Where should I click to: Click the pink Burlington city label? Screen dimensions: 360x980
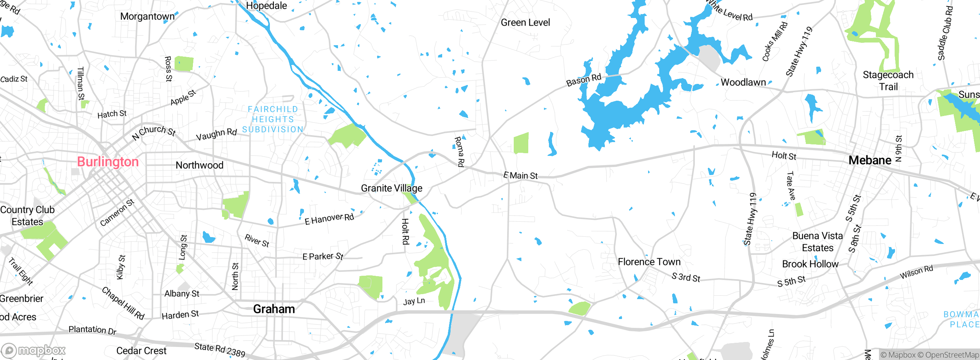point(108,162)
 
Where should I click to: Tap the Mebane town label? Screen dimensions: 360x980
point(870,160)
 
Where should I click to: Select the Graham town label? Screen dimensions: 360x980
point(274,309)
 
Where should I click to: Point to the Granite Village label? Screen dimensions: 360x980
point(392,188)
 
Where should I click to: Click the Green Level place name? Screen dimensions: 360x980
point(525,23)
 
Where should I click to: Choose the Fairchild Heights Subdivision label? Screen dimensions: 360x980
point(273,119)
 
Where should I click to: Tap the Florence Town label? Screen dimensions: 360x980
point(649,262)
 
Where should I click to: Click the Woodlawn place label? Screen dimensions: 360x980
point(743,82)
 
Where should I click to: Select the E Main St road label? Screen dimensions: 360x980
point(521,175)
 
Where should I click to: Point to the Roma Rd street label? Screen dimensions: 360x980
point(459,152)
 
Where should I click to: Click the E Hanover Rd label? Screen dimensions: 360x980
point(329,219)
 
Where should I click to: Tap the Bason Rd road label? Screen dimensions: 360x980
point(584,80)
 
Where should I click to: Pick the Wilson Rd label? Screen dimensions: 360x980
point(916,272)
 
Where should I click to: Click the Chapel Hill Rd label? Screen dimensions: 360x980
point(123,303)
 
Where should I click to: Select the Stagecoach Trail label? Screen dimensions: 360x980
point(888,80)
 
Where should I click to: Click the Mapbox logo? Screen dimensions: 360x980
point(34,350)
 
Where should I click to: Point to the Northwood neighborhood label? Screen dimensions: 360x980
point(199,165)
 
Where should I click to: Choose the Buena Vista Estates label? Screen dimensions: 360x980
point(818,242)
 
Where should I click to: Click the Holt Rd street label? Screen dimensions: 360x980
point(405,231)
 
